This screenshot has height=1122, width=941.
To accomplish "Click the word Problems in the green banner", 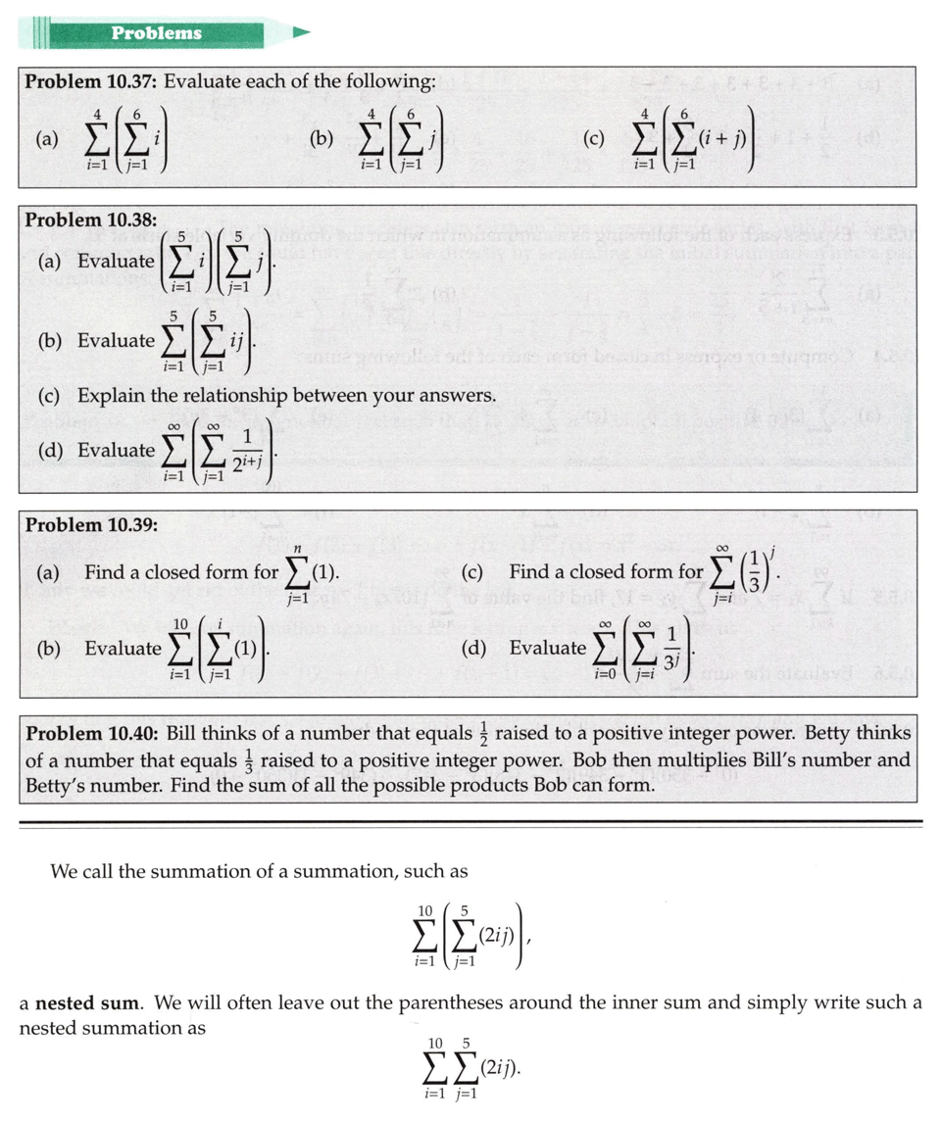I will pyautogui.click(x=156, y=33).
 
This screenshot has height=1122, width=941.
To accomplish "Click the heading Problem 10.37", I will pyautogui.click(x=90, y=82).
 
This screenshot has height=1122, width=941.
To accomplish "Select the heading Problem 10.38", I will pyautogui.click(x=90, y=220).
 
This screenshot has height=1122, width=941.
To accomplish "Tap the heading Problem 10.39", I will pyautogui.click(x=90, y=525).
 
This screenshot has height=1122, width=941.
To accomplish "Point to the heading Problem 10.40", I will pyautogui.click(x=91, y=734).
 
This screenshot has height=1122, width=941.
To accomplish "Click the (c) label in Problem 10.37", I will pyautogui.click(x=592, y=139).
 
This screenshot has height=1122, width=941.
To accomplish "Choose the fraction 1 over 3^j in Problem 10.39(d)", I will pyautogui.click(x=672, y=647).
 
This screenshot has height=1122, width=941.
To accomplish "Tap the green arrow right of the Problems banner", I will pyautogui.click(x=300, y=33).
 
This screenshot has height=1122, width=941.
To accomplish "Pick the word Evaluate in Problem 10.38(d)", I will pyautogui.click(x=117, y=451).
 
